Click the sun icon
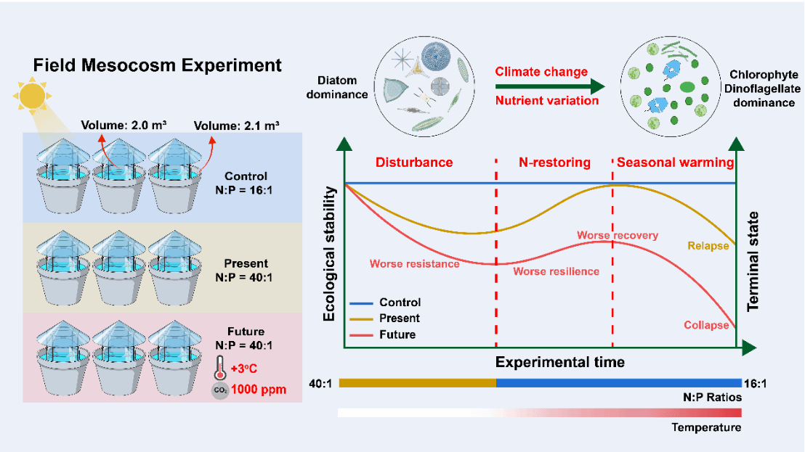(x=31, y=96)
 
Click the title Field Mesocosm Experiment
(x=157, y=65)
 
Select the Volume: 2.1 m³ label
(x=237, y=125)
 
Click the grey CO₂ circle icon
(x=219, y=390)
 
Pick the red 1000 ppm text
(x=258, y=390)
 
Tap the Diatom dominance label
(x=342, y=87)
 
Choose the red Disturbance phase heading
(x=413, y=163)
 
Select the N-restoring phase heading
(x=554, y=163)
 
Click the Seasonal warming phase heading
(x=675, y=163)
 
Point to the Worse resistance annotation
(x=414, y=264)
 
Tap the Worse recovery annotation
(x=618, y=235)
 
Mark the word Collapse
(x=705, y=325)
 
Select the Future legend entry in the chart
(x=397, y=334)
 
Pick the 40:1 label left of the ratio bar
(x=320, y=383)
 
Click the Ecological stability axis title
(x=329, y=254)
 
